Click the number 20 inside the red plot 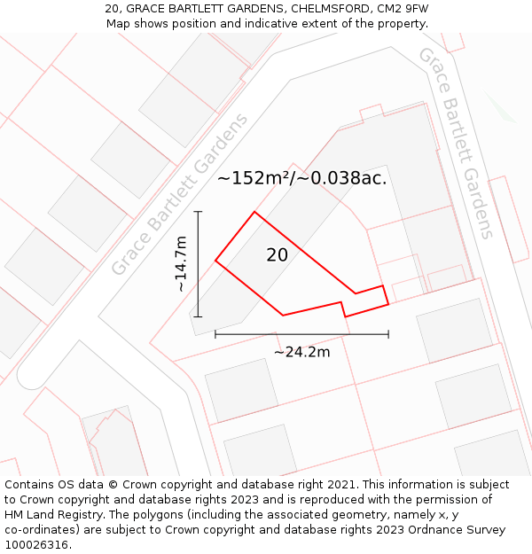pos(277,255)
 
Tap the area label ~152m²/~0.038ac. pos(301,178)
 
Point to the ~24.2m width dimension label pos(301,352)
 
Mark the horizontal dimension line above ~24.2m pos(301,334)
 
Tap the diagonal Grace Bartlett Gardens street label pos(179,194)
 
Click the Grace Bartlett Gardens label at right pos(456,143)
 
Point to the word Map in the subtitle pos(120,24)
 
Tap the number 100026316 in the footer pos(35,545)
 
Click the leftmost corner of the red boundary pos(215,261)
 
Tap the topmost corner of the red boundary pos(255,212)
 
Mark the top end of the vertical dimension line pos(198,212)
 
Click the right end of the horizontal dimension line pos(388,334)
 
